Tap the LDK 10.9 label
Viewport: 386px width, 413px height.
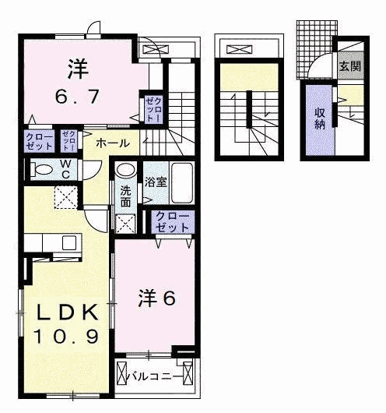[66, 326]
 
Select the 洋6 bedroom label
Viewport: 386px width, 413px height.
[157, 298]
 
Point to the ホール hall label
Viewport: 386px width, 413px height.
[113, 143]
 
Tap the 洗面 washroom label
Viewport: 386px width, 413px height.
[125, 195]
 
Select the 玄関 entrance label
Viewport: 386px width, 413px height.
[349, 66]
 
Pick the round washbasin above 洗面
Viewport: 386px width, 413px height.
[125, 171]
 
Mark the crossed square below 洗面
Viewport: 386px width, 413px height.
[125, 224]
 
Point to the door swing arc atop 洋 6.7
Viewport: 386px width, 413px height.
[94, 30]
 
